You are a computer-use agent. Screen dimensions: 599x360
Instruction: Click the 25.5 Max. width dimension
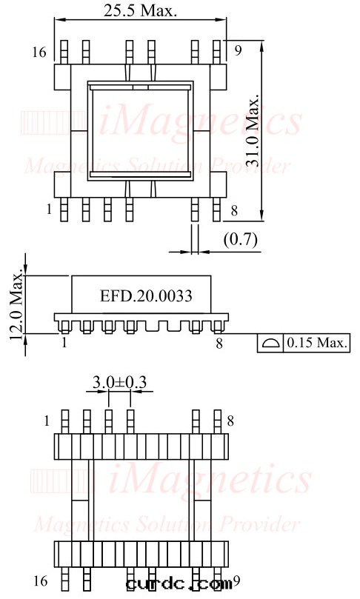tap(141, 10)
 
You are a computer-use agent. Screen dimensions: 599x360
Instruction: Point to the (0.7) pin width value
tap(239, 240)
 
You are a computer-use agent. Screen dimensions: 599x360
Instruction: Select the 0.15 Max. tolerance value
tap(317, 343)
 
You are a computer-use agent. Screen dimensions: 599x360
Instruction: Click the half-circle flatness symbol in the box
tap(270, 343)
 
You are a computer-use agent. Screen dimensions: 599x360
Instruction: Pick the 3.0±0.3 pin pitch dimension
tap(119, 382)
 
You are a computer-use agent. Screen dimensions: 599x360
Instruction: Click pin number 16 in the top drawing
tap(39, 52)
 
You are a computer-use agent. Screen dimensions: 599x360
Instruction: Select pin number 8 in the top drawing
tap(234, 211)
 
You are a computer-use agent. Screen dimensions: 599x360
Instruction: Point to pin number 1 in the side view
tap(64, 342)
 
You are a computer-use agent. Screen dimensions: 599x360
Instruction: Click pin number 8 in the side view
tap(219, 342)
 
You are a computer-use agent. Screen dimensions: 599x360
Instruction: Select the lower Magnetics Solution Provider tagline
tap(167, 525)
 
